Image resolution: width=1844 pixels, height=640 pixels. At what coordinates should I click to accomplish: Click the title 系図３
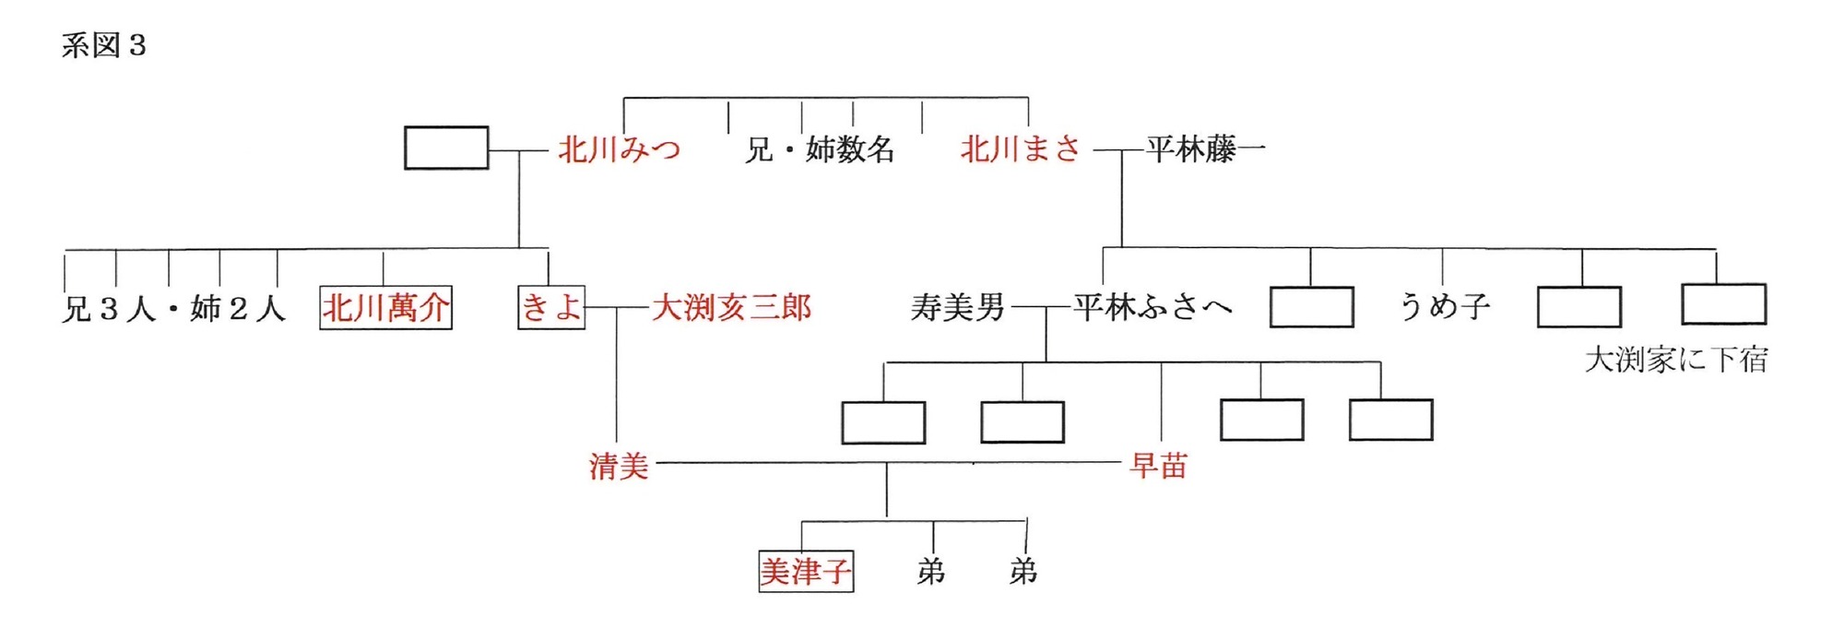tap(104, 45)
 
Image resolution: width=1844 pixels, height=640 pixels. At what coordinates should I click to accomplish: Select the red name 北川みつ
tap(619, 149)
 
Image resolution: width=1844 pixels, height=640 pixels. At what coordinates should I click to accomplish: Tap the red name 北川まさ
tap(1021, 149)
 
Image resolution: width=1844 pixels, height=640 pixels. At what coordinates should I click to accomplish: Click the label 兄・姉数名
tap(820, 149)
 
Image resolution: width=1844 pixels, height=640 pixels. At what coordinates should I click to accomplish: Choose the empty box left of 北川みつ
tap(446, 148)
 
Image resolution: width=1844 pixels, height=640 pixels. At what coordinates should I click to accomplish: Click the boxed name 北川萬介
tap(385, 308)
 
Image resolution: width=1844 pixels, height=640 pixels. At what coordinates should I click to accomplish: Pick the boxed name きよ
tap(551, 308)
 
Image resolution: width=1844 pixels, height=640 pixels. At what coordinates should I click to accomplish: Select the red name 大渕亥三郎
tap(731, 308)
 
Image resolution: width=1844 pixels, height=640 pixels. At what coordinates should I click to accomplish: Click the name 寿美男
tap(957, 307)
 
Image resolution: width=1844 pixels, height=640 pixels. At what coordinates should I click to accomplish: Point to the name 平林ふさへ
tap(1152, 307)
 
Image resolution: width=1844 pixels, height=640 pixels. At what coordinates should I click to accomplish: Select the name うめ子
tap(1445, 307)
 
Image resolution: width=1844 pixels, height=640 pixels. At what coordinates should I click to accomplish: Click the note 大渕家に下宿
tap(1676, 360)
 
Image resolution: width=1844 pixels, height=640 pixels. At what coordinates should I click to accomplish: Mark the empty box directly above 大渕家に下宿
tap(1723, 305)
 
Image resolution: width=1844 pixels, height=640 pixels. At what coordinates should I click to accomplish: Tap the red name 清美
tap(619, 467)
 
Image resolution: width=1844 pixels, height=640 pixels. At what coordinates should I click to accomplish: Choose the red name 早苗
tap(1158, 467)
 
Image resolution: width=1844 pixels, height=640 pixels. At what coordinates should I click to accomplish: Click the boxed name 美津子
tap(806, 572)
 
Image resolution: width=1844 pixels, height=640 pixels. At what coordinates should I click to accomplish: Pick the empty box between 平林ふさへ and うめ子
tap(1311, 307)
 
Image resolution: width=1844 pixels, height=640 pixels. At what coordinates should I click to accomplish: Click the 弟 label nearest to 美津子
tap(931, 572)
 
